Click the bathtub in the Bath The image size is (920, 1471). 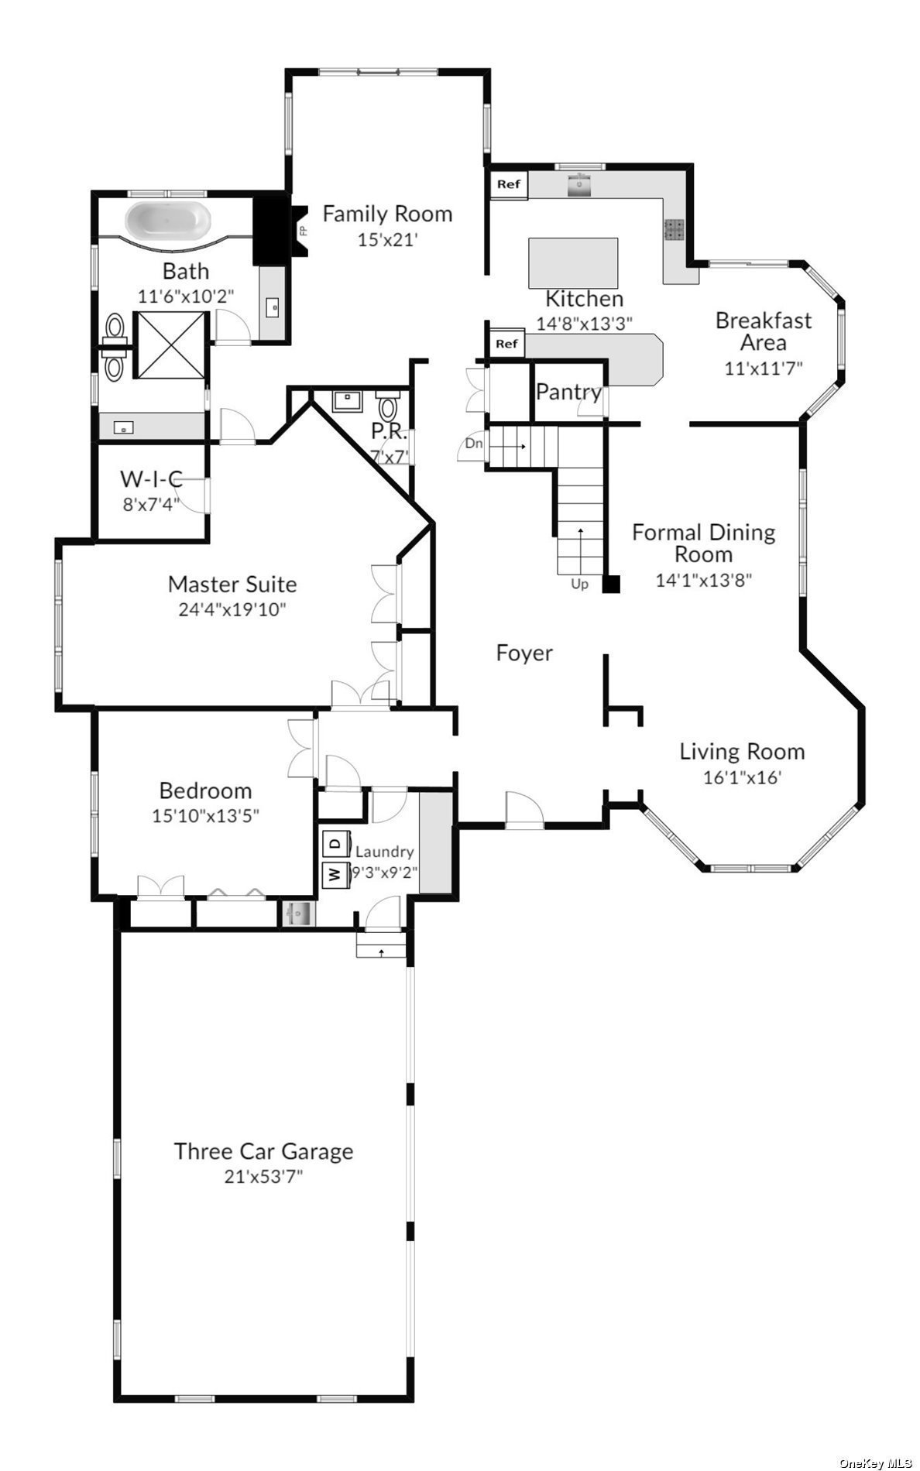click(168, 220)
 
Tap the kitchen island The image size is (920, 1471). click(573, 263)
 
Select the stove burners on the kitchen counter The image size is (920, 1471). click(673, 230)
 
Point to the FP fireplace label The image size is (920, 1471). click(303, 231)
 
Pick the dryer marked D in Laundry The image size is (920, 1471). click(335, 842)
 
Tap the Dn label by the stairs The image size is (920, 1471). click(474, 444)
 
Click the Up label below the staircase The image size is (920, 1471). click(579, 584)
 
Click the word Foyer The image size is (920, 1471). click(524, 653)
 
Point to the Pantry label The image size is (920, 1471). click(568, 392)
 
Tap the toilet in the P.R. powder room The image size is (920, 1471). click(388, 403)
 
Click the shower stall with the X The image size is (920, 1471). click(170, 345)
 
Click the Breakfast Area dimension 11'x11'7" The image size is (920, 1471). click(763, 369)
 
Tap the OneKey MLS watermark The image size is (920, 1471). click(877, 1461)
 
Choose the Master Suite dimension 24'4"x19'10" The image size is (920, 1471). click(232, 609)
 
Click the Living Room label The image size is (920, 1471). click(742, 752)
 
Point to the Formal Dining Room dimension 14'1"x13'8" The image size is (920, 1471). click(704, 580)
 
